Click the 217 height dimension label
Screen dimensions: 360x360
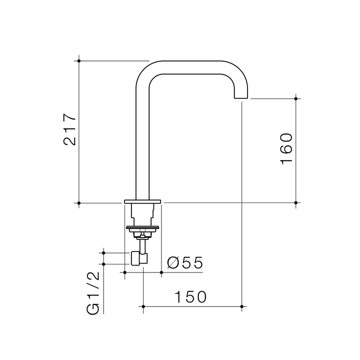pyautogui.click(x=69, y=129)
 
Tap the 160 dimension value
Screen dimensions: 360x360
pyautogui.click(x=286, y=148)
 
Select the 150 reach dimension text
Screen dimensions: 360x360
pyautogui.click(x=190, y=297)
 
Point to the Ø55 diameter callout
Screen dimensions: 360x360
pyautogui.click(x=184, y=263)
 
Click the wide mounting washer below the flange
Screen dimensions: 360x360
pyautogui.click(x=143, y=228)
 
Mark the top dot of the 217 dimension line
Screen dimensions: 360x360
pyautogui.click(x=79, y=60)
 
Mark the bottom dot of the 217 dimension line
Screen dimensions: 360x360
pyautogui.click(x=79, y=202)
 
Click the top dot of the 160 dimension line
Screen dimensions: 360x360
pyautogui.click(x=296, y=98)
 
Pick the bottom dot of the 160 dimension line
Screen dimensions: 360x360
pyautogui.click(x=296, y=202)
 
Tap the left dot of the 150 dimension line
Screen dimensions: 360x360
pyautogui.click(x=143, y=306)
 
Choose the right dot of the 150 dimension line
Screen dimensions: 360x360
pyautogui.click(x=241, y=306)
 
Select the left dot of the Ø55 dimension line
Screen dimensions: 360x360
pyautogui.click(x=124, y=272)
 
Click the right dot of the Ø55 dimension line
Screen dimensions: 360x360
pyautogui.click(x=161, y=272)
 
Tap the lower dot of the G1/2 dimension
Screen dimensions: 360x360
pyautogui.click(x=103, y=264)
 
